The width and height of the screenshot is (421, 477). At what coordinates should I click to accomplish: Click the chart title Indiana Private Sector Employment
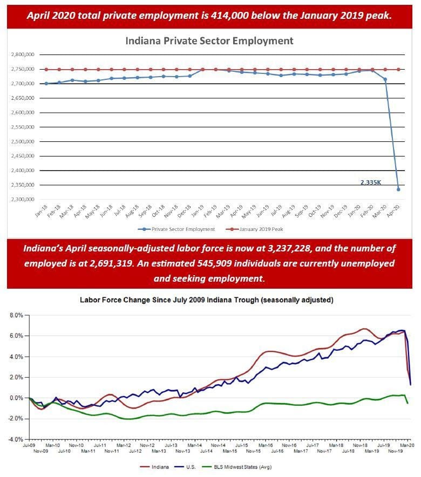coord(209,41)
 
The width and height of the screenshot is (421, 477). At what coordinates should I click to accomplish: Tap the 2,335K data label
coord(371,182)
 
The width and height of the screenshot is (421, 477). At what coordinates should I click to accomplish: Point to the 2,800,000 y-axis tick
coord(23,54)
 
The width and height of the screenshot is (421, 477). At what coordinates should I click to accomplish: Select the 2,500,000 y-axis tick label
coord(23,142)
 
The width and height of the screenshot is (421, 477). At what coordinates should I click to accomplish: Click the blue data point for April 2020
coord(398,189)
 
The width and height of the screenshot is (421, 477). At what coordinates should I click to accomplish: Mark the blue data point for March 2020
coord(385,79)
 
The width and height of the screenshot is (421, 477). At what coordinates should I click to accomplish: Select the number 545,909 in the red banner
coord(245,264)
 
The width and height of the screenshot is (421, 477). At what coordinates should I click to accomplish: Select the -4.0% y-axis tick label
coord(15,439)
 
